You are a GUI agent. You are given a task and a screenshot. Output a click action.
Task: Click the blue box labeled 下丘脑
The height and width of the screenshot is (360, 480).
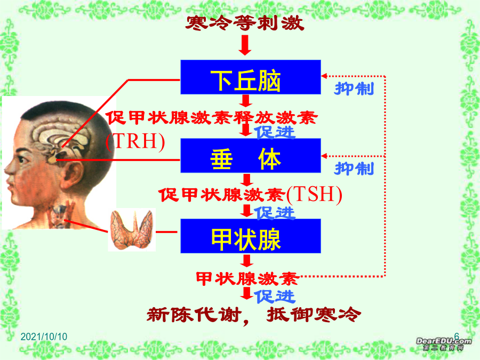coord(251,77)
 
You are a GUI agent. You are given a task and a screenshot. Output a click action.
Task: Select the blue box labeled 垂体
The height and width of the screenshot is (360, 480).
coord(251,156)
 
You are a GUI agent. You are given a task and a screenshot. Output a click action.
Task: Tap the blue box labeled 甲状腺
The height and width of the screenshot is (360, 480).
coord(251,236)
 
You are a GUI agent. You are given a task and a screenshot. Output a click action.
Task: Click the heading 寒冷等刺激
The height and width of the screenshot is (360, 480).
coord(245,23)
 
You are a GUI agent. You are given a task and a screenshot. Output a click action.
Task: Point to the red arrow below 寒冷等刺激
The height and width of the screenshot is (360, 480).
coord(245,45)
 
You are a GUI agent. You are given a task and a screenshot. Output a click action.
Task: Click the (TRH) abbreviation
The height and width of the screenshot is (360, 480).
coord(135,141)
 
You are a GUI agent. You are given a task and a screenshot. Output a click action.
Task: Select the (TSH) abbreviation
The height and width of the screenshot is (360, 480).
coord(314,194)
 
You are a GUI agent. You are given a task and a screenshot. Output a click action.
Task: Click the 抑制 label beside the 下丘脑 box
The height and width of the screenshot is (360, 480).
coord(354,89)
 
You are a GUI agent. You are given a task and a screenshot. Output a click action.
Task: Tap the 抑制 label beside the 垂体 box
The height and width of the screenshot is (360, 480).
coord(354,169)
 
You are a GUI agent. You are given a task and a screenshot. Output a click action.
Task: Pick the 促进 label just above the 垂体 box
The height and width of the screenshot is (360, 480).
coord(275,132)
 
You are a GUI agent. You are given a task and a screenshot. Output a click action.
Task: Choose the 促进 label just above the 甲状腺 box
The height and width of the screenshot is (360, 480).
coord(275,213)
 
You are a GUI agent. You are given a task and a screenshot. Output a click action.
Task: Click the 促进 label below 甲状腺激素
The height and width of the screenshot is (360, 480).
coord(275,297)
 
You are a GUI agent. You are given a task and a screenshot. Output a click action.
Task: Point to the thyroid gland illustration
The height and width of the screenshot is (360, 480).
coord(132,229)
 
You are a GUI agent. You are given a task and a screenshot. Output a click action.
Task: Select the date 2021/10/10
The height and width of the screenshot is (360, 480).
coord(44,337)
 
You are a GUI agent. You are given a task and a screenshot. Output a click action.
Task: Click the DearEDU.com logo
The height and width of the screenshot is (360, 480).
coord(444,343)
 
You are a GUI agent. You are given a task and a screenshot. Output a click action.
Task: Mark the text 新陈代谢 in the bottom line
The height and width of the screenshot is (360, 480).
coord(193,315)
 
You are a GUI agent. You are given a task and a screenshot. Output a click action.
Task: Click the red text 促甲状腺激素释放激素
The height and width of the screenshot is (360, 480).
coord(211,118)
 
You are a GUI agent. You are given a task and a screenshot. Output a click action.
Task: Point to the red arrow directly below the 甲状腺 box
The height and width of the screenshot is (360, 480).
coord(246,261)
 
